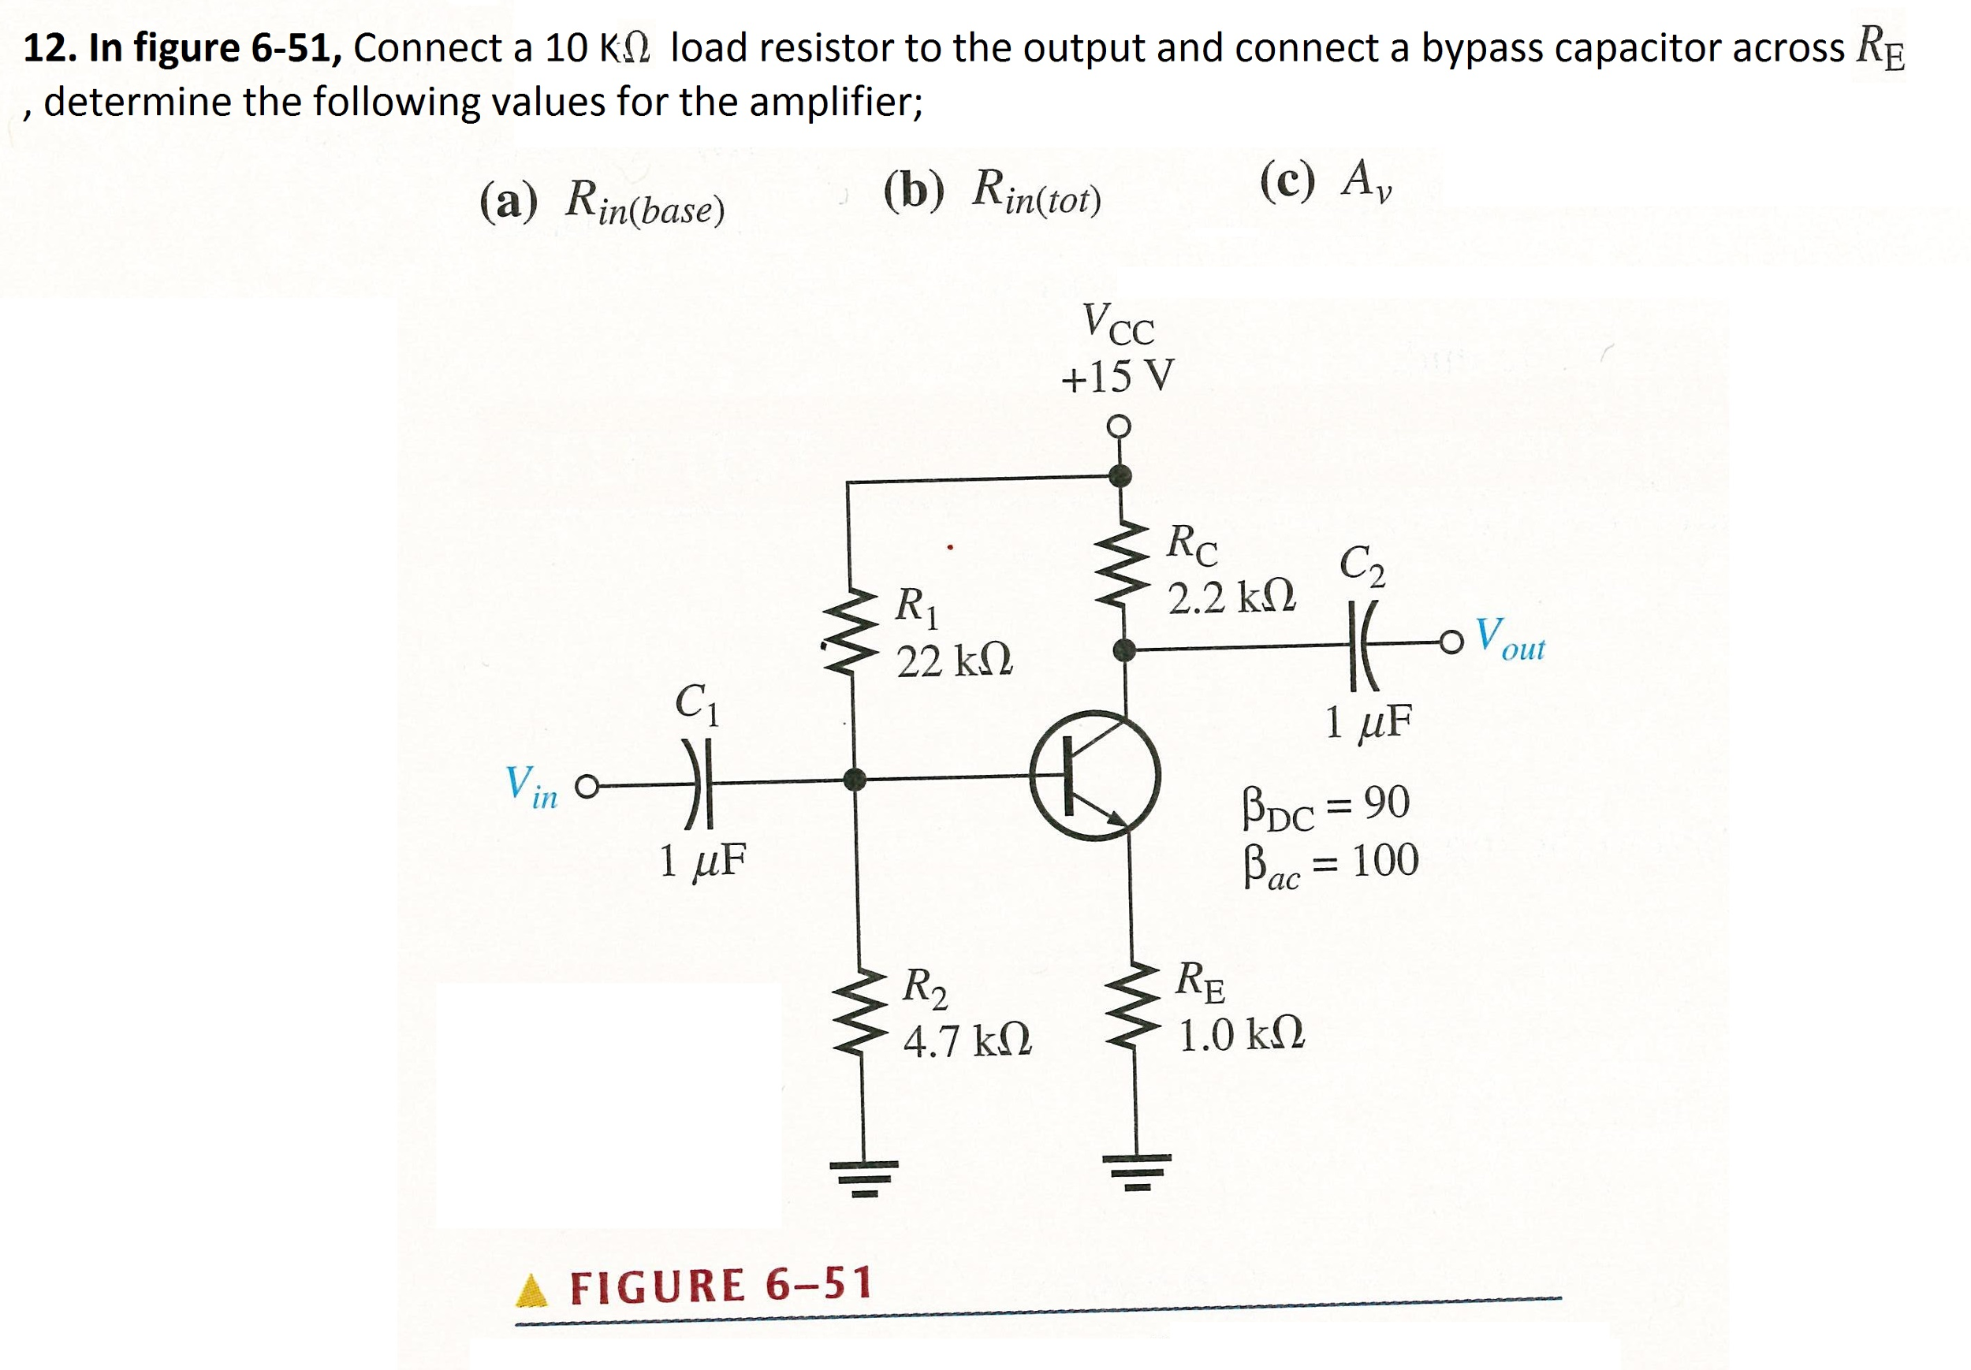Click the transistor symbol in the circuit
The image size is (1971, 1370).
coord(1094,774)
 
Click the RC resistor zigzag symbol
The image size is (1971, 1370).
coord(1121,564)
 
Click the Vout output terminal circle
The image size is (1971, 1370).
coord(1450,642)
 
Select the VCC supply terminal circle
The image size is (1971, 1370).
coord(1119,426)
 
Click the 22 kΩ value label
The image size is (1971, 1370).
coord(954,661)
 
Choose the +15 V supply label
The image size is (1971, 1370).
coord(1117,376)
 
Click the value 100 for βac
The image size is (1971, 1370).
coord(1384,860)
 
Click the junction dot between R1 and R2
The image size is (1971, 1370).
coord(854,780)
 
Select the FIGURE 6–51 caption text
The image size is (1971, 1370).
coord(721,1286)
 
